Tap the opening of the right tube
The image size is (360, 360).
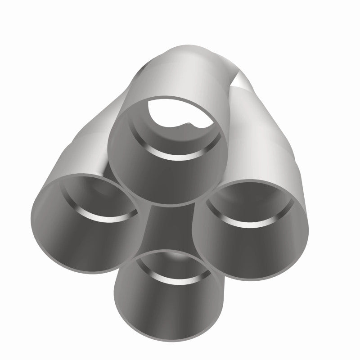[251, 227]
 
